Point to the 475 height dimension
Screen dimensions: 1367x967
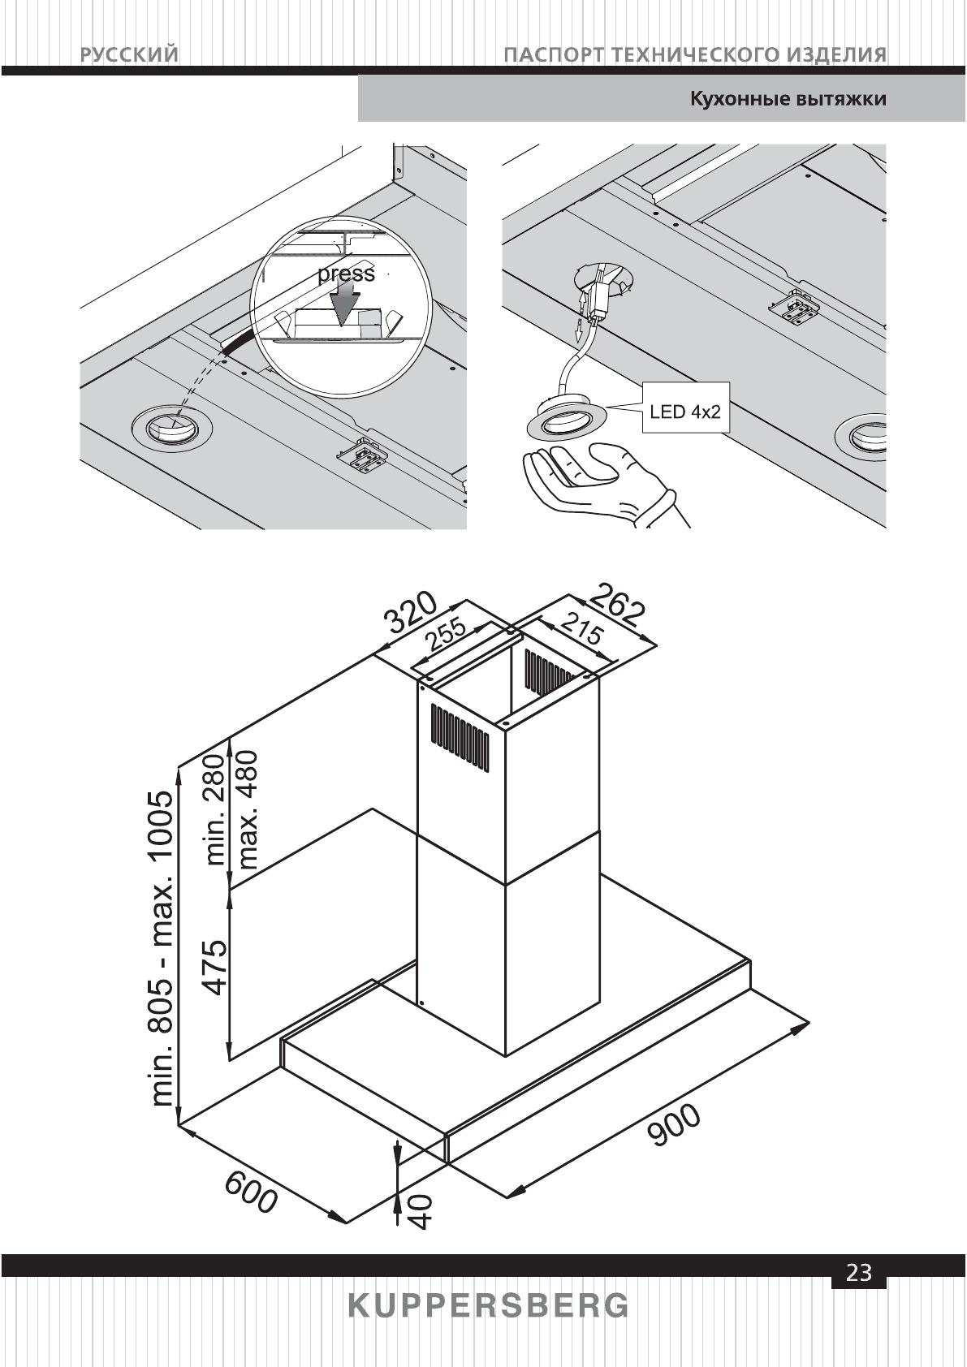click(x=214, y=967)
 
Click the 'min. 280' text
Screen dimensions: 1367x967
click(x=214, y=809)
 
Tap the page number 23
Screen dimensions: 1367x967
click(x=859, y=1273)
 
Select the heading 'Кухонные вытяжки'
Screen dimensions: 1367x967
click(x=788, y=100)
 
